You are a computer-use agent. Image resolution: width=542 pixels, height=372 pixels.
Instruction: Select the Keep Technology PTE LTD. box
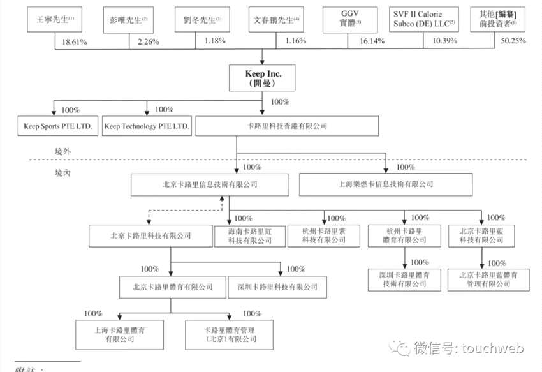[x=147, y=126]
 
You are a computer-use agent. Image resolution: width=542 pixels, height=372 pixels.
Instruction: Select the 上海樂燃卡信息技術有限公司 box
[x=386, y=185]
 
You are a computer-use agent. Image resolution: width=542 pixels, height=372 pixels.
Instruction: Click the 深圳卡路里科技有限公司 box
[x=273, y=286]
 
